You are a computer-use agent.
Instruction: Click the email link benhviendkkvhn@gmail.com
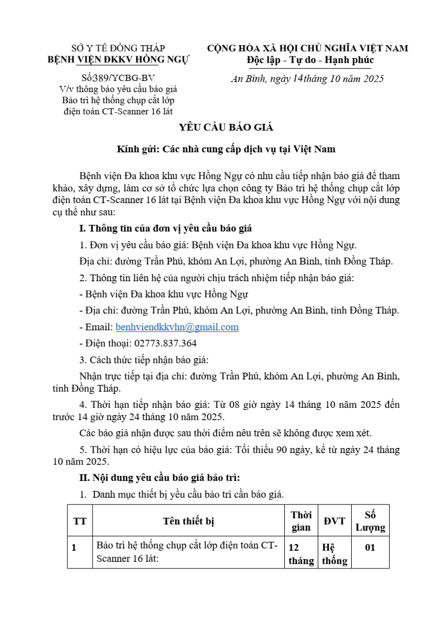tap(177, 328)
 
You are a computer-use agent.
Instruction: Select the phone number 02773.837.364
tap(166, 344)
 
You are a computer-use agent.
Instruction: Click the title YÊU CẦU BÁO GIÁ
tap(226, 128)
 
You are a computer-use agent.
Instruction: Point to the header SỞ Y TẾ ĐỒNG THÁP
tap(118, 49)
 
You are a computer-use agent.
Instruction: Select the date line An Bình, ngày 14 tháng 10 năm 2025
tap(307, 79)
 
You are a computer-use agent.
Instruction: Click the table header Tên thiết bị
tap(188, 521)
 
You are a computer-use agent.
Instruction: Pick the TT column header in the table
tap(80, 521)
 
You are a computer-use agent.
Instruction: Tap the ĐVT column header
tap(334, 521)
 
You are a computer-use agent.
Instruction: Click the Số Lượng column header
tap(371, 521)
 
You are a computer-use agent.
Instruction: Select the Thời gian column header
tap(301, 521)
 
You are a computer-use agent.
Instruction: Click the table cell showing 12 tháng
tap(301, 553)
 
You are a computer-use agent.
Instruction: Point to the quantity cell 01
tap(370, 547)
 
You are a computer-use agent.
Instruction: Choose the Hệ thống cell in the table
tap(334, 553)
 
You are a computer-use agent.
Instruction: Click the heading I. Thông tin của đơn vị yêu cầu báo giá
tap(166, 228)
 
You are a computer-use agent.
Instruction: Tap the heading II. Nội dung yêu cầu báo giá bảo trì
tap(160, 478)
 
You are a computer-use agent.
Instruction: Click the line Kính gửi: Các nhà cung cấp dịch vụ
tap(226, 150)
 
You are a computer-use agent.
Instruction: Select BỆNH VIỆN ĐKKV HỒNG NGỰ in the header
tap(118, 59)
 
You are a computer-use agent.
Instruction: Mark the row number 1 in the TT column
tap(74, 547)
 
